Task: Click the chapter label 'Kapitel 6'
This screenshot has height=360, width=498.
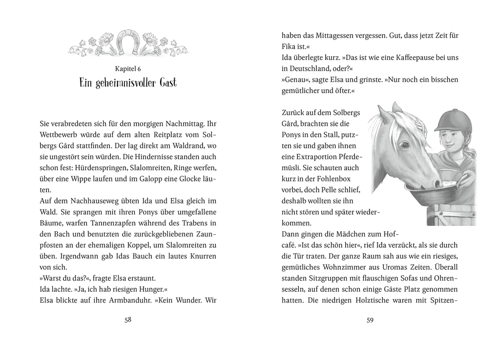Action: [127, 69]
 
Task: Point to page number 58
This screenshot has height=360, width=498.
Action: [128, 320]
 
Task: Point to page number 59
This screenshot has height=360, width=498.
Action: [370, 320]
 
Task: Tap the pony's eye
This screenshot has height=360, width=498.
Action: [404, 144]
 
